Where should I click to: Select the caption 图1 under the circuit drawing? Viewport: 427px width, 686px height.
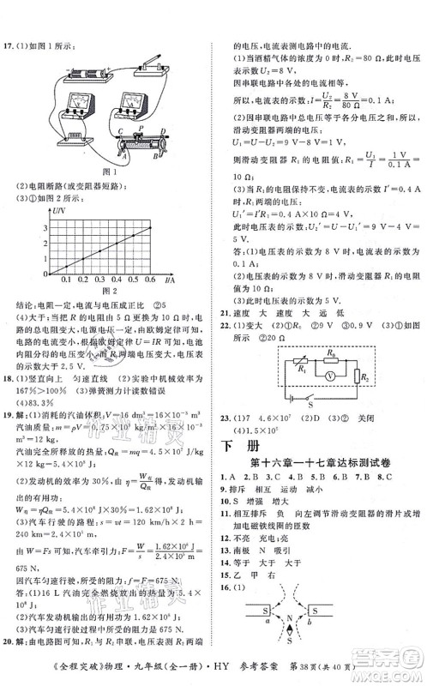click(x=108, y=171)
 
